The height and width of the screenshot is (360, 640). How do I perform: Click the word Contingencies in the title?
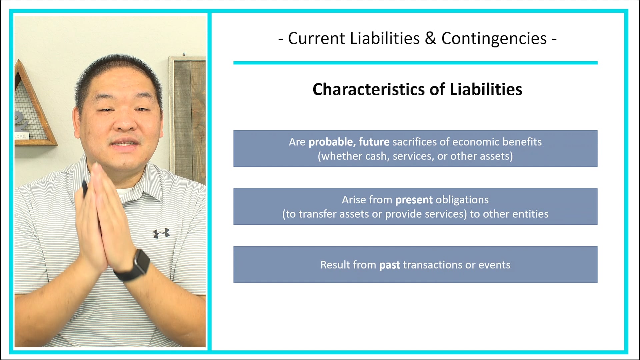pos(494,38)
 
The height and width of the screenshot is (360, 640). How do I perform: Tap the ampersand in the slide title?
pos(430,38)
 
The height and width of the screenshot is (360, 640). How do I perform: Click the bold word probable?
pos(331,142)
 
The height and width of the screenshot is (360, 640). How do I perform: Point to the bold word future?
pos(374,142)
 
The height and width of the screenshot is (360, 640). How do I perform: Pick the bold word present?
pos(414,200)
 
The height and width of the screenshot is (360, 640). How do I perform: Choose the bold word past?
pos(390,265)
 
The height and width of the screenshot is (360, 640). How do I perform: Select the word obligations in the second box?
pos(462,200)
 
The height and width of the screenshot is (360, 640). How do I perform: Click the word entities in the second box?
pos(530,214)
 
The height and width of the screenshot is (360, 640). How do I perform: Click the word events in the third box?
pos(494,265)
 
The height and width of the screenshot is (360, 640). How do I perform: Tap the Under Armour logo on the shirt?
pos(161,233)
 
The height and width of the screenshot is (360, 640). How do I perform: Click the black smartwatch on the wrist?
pos(138,263)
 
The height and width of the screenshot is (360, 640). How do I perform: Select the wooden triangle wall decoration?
pos(33,110)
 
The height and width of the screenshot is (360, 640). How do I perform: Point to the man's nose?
pos(125,123)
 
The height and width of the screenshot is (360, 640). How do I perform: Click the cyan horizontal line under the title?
pos(415,63)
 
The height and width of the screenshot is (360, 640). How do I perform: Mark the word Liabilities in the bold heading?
pos(486,89)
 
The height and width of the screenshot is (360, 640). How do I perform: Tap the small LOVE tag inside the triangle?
pos(21,136)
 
